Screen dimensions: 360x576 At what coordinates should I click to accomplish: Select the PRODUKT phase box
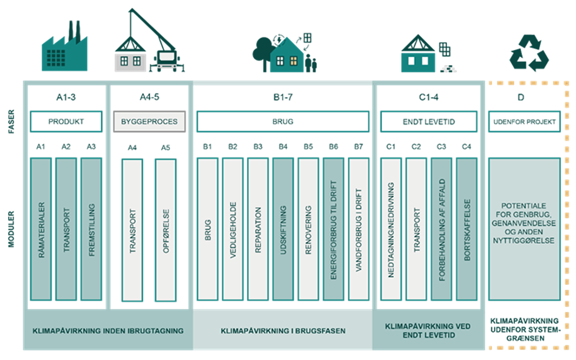point(66,121)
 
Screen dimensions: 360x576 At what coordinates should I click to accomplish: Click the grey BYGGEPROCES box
point(149,121)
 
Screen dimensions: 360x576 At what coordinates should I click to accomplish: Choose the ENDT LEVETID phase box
point(428,121)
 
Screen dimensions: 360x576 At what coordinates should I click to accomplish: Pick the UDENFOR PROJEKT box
point(524,121)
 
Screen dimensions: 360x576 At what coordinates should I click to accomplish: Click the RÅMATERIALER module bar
point(41,229)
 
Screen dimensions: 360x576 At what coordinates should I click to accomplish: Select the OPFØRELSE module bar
point(165,230)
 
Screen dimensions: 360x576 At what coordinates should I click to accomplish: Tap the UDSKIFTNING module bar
point(283,229)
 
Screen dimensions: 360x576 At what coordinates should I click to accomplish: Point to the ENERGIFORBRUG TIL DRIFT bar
point(333,229)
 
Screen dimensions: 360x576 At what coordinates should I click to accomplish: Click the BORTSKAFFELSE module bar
point(467,229)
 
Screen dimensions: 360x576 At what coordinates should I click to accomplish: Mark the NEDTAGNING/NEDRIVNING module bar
point(391,229)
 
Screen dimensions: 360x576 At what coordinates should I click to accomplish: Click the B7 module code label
point(358,147)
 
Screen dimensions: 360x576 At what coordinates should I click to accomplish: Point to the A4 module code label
point(132,148)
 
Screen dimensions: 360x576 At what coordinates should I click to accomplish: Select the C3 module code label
point(441,147)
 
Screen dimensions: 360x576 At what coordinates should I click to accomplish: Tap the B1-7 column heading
point(283,97)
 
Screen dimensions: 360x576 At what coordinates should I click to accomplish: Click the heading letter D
point(524,97)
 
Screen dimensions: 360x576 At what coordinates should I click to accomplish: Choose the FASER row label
point(12,121)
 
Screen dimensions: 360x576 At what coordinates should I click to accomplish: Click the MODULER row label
point(12,229)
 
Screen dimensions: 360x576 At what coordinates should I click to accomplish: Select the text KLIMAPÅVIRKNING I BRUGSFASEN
point(283,331)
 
